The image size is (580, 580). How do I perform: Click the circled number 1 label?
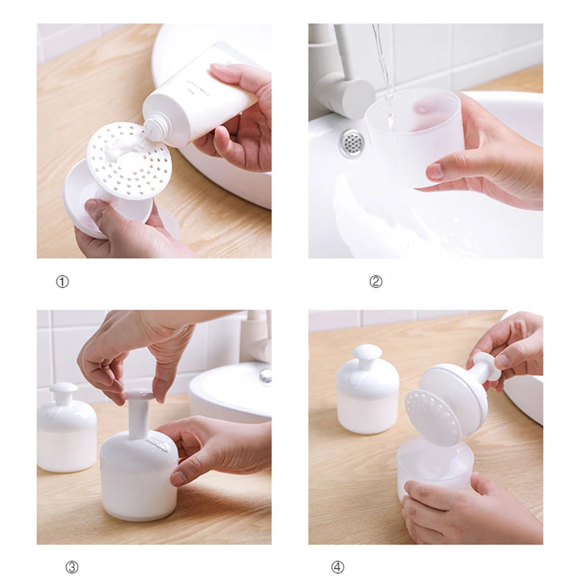coord(62,282)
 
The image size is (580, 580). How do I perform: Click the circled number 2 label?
coord(376,282)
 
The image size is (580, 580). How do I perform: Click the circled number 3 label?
coord(71,567)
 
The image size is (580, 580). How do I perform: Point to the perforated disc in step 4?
coord(431,417)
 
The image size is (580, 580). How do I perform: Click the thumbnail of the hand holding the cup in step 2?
coord(436,171)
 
